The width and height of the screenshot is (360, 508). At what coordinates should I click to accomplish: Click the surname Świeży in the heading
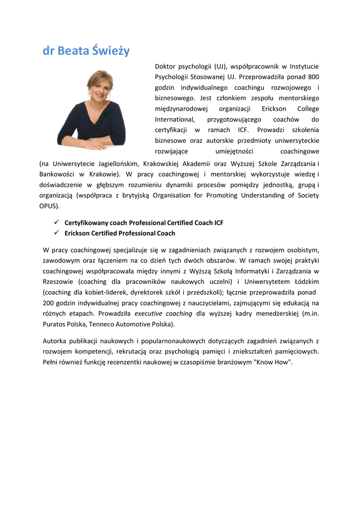[110, 51]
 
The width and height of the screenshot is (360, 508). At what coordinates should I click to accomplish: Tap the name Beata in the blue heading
[73, 51]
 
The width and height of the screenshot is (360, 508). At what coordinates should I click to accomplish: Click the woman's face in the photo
[100, 86]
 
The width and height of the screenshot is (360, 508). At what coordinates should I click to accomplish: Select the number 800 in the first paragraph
[313, 77]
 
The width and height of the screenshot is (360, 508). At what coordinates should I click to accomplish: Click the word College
[308, 109]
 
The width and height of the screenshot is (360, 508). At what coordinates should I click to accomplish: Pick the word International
[175, 120]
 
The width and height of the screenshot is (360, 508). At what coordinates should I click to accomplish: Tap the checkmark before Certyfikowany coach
[56, 223]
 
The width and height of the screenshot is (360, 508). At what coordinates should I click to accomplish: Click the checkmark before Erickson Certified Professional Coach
[56, 233]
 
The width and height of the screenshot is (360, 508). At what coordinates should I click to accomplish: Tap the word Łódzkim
[305, 282]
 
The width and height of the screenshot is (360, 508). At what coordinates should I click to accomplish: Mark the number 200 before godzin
[49, 303]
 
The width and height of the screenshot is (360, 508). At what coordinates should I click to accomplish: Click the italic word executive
[149, 314]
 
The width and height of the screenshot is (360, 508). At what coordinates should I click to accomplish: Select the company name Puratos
[55, 324]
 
